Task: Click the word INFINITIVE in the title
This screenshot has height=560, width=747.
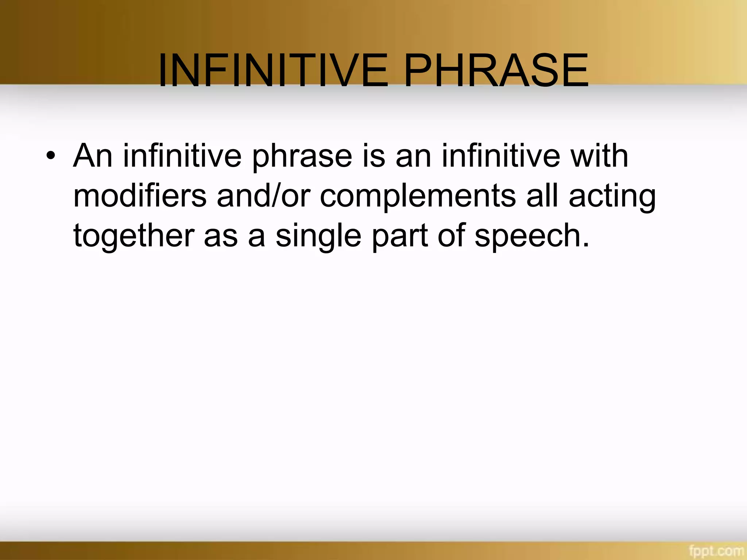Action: tap(273, 71)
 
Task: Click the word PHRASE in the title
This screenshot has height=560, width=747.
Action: tap(496, 71)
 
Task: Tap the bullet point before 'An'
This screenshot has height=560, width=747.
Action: tap(51, 157)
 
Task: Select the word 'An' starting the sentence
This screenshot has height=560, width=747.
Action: tap(93, 156)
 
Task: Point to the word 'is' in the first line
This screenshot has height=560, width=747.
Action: tap(373, 156)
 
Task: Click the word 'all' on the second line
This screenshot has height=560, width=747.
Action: tap(542, 196)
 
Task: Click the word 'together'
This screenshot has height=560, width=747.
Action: tap(133, 236)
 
